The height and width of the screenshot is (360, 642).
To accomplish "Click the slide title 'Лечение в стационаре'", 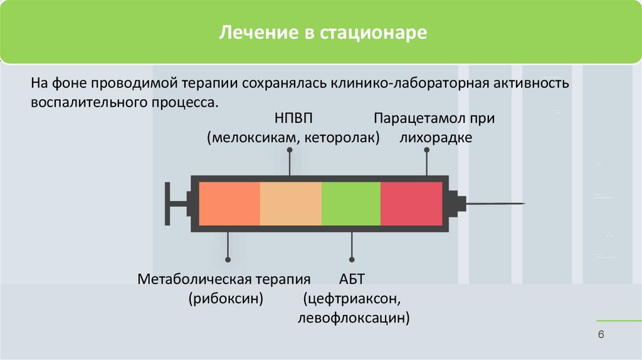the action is (x=322, y=33).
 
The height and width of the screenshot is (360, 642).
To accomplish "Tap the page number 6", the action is (x=601, y=335).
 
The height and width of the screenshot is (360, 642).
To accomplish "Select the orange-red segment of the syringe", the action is (x=229, y=203).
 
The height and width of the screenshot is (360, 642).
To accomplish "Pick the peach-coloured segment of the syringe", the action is (x=290, y=203).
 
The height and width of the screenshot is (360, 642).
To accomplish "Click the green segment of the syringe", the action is (x=351, y=203).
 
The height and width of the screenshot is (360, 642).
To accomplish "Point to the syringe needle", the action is (x=495, y=204).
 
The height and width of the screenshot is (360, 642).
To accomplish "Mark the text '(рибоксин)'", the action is (x=226, y=299).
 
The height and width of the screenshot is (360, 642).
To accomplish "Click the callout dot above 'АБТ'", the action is (x=352, y=259).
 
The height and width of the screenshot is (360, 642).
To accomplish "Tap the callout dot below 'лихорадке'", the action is (x=427, y=150).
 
